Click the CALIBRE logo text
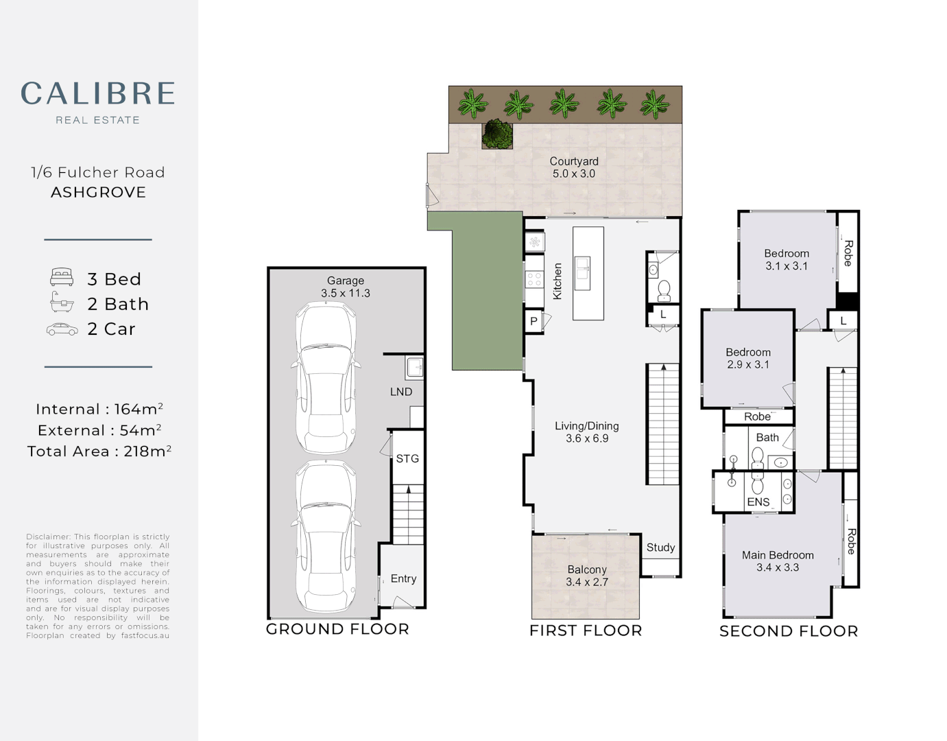coord(97,93)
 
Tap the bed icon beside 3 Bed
coord(62,278)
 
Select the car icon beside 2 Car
coord(62,330)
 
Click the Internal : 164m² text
coord(99,409)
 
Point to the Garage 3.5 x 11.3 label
coord(345,287)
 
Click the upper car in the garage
coord(326,377)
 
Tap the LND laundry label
coord(401,392)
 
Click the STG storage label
coord(407,458)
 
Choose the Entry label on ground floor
coord(403,578)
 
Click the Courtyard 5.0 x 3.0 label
coord(574,167)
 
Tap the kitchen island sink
coord(583,268)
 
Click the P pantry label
coord(534,321)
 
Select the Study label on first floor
coord(660,547)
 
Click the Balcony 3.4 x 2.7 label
coord(586,576)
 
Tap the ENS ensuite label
coord(758,502)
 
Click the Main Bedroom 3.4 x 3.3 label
coord(778,561)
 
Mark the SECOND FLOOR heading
coord(789,631)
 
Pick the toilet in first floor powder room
coord(664,291)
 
